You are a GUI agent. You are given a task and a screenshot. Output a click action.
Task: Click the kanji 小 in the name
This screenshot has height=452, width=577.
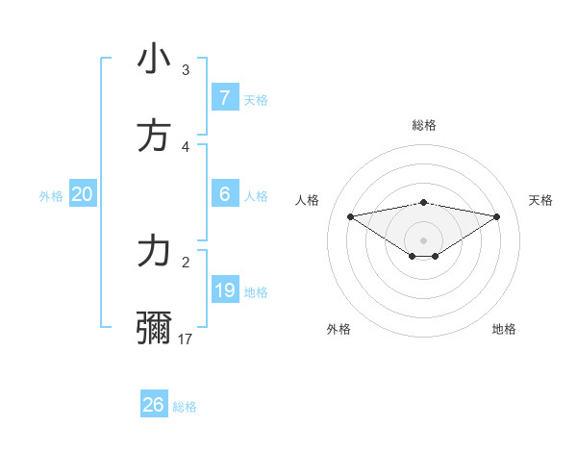tap(154, 59)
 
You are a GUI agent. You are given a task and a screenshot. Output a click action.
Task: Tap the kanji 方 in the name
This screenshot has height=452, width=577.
tap(154, 137)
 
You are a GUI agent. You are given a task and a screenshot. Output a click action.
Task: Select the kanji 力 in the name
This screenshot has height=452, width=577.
tap(154, 251)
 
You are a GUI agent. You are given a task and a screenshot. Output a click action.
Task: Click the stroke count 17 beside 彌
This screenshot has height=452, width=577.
tap(186, 339)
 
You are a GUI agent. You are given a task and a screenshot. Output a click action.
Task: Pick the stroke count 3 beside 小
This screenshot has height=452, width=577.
tap(186, 69)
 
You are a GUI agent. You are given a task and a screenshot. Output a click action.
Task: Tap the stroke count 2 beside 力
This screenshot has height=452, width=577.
tap(186, 261)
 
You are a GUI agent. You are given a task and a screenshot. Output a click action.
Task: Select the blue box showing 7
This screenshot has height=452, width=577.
tap(224, 98)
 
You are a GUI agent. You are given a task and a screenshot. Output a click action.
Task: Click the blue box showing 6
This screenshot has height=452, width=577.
tap(224, 194)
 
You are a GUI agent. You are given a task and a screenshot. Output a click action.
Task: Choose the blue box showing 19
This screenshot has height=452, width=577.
tap(224, 290)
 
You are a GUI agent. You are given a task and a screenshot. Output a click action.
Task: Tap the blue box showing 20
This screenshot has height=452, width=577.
tap(82, 194)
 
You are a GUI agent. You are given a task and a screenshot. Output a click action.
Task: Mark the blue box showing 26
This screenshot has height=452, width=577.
tap(153, 405)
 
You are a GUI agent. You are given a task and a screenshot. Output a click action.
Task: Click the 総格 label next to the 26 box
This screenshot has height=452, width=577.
tap(185, 407)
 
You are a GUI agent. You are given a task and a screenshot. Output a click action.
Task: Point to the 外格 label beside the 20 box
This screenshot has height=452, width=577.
tap(51, 196)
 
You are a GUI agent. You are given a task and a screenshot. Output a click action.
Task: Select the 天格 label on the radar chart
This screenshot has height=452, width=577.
tap(540, 200)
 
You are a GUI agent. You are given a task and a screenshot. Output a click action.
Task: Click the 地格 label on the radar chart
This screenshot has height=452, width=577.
tap(504, 329)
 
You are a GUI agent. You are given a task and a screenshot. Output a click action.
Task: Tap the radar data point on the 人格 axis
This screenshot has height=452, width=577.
tap(350, 215)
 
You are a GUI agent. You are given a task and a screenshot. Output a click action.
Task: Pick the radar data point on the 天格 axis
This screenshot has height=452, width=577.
tap(497, 216)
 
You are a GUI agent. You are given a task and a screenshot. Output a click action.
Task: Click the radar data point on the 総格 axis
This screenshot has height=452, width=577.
tap(423, 202)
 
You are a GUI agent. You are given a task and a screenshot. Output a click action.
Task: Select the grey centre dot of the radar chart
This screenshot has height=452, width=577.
tap(423, 239)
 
